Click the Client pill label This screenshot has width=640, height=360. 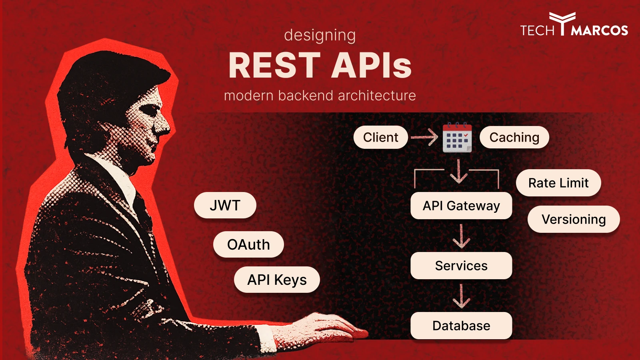tap(380, 137)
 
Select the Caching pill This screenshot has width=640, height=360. tap(514, 137)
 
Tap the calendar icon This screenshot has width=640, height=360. tap(457, 138)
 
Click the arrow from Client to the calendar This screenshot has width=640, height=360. tap(424, 137)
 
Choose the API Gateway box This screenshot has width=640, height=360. tap(461, 206)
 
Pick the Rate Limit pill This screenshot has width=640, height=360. tap(558, 183)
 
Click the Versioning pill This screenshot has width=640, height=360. tap(574, 219)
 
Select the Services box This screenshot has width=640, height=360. tap(461, 266)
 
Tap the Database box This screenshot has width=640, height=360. tap(461, 326)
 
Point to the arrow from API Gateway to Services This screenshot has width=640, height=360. tap(461, 236)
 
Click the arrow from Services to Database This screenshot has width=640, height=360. tap(461, 296)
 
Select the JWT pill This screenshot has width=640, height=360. tap(225, 205)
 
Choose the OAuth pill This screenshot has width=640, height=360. tap(248, 244)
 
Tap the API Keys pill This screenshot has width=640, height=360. tap(277, 280)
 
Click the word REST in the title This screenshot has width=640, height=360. tap(274, 66)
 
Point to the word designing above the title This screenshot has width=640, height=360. tap(320, 35)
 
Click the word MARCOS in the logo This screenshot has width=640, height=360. tap(600, 30)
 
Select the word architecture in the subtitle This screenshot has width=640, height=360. tap(376, 96)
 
